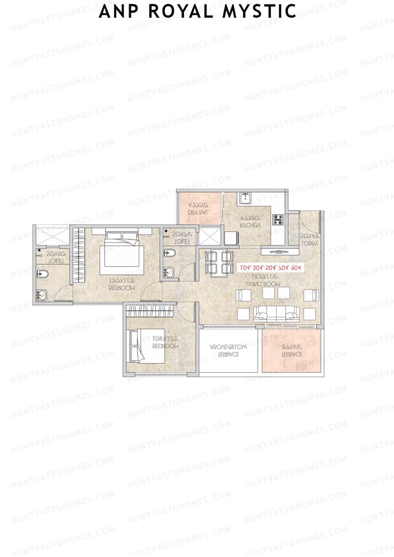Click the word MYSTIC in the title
(x=259, y=11)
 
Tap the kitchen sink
(x=245, y=198)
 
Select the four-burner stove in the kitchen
(x=278, y=220)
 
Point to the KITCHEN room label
(x=250, y=225)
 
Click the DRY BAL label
(x=198, y=212)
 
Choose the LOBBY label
(x=310, y=243)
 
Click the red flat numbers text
(x=271, y=268)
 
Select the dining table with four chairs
(x=219, y=262)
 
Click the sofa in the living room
(x=276, y=314)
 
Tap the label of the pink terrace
(x=292, y=354)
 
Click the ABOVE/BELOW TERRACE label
(x=229, y=351)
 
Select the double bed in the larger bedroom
(x=121, y=251)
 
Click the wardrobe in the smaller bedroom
(x=150, y=311)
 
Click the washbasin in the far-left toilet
(x=42, y=295)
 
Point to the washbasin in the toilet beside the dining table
(x=169, y=272)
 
